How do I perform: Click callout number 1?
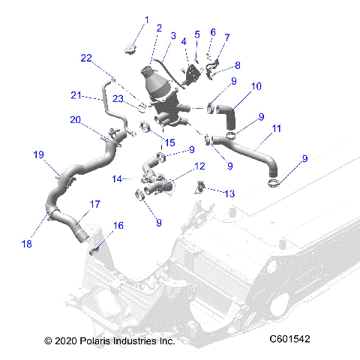point(147,19)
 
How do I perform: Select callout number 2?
point(159,28)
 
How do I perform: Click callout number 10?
point(256,86)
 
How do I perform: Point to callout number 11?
point(277,129)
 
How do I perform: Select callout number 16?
point(118,225)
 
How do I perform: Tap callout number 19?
point(38,155)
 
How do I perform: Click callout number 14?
point(116,178)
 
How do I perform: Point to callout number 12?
point(199,166)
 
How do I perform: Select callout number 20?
point(75,120)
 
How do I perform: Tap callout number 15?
point(170,142)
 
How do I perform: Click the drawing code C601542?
point(289,340)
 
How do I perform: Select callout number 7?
point(227,37)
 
